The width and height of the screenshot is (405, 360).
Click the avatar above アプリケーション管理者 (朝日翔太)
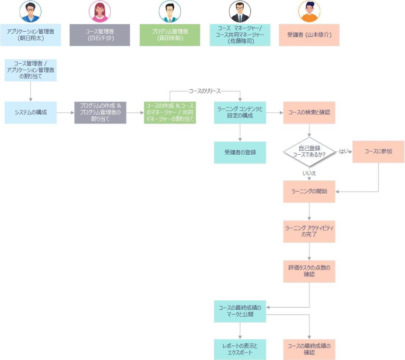click(x=30, y=12)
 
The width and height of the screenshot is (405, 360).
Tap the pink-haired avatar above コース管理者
click(x=100, y=12)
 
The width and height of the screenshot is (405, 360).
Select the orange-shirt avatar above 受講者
click(x=309, y=12)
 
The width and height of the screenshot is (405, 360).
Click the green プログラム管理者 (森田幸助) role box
click(x=170, y=35)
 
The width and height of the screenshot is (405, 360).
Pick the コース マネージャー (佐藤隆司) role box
click(x=240, y=35)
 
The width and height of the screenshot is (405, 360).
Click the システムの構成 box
click(x=30, y=113)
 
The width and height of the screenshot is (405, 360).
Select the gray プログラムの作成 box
click(x=100, y=113)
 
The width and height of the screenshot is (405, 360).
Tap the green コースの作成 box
click(x=170, y=113)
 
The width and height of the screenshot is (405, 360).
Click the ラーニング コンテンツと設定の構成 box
click(x=240, y=113)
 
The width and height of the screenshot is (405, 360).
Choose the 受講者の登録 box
click(x=240, y=152)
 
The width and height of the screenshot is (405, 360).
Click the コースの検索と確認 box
click(x=309, y=113)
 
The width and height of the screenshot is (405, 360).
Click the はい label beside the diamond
click(x=344, y=152)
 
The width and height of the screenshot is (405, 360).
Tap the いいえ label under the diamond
click(x=309, y=173)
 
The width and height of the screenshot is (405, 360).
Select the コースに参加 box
click(x=378, y=152)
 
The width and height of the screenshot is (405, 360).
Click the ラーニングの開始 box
click(x=309, y=191)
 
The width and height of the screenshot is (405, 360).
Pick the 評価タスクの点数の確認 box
click(x=309, y=271)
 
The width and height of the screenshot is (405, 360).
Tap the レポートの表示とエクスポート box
click(x=240, y=349)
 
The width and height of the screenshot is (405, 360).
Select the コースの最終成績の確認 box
click(x=309, y=349)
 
